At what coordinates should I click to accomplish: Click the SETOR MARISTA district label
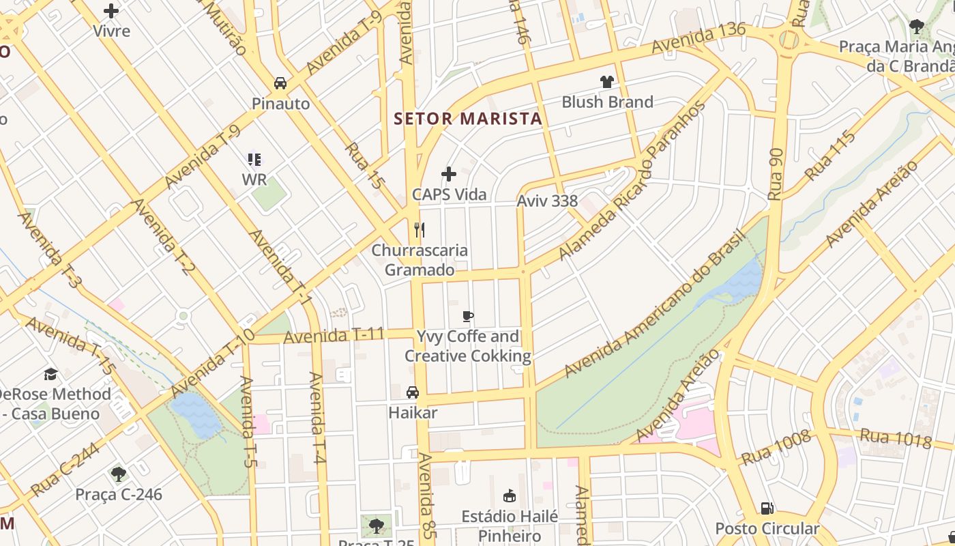point(468,119)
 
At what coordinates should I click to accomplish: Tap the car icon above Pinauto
point(280,83)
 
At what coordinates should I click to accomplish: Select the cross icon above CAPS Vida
point(449,174)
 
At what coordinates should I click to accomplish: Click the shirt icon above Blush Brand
point(607,82)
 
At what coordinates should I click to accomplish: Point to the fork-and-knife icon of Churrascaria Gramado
point(420,230)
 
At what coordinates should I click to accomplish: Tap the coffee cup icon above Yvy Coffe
point(467,316)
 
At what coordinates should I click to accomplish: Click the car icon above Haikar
point(413,392)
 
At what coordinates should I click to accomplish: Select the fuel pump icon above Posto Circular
point(767,508)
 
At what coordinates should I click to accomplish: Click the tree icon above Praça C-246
point(119,474)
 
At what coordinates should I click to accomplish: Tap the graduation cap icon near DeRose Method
point(50,374)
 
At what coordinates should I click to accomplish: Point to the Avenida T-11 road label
point(334,336)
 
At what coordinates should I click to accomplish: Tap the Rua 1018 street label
point(895,438)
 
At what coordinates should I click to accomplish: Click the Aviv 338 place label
point(547,201)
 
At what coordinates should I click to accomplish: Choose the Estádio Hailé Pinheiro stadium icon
point(509,495)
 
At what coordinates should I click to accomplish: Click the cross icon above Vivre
point(111,11)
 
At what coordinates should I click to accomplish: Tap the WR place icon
point(254,160)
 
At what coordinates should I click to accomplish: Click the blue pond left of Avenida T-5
point(196,415)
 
